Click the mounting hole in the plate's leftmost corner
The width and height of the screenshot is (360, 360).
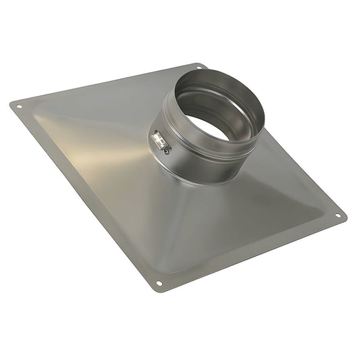pyautogui.click(x=19, y=107)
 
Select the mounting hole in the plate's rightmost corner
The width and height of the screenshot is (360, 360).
pyautogui.click(x=338, y=216)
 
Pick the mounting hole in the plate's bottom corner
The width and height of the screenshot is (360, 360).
pyautogui.click(x=159, y=284)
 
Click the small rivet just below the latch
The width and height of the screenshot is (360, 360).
pyautogui.click(x=164, y=151)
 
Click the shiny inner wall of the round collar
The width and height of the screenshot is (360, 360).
pyautogui.click(x=203, y=95)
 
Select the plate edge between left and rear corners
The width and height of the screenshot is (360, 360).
pyautogui.click(x=108, y=85)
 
